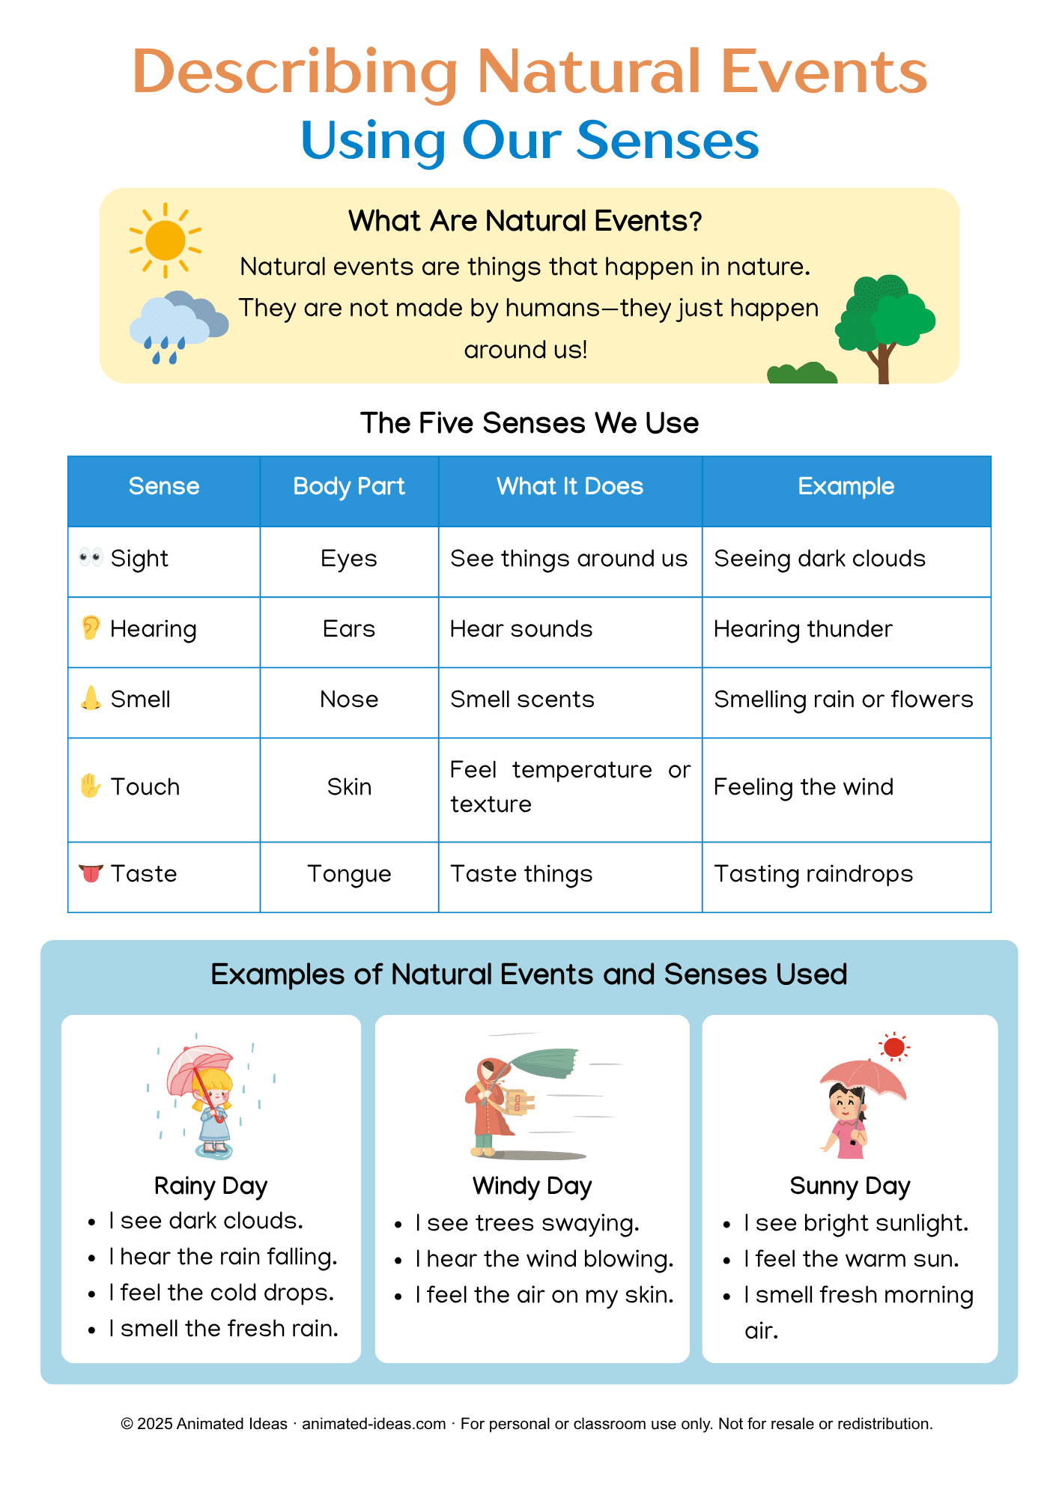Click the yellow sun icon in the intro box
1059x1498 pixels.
tap(166, 240)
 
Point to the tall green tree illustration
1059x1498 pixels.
tap(885, 323)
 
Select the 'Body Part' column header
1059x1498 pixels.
tap(349, 487)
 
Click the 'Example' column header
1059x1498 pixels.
tap(846, 487)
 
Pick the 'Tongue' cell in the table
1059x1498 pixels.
tap(349, 874)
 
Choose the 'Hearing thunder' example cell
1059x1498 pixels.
tap(803, 629)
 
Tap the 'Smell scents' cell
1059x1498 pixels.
tap(522, 700)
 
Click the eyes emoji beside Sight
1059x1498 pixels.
tap(91, 557)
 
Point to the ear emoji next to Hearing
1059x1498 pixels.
tap(91, 628)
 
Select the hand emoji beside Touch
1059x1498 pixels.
tap(91, 786)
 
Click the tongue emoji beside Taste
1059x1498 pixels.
tap(91, 873)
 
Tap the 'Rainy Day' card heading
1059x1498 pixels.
tap(210, 1186)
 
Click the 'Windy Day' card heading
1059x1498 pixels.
tap(532, 1186)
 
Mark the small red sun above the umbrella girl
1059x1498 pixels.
tap(893, 1047)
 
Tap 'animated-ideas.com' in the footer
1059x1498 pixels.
tap(374, 1424)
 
